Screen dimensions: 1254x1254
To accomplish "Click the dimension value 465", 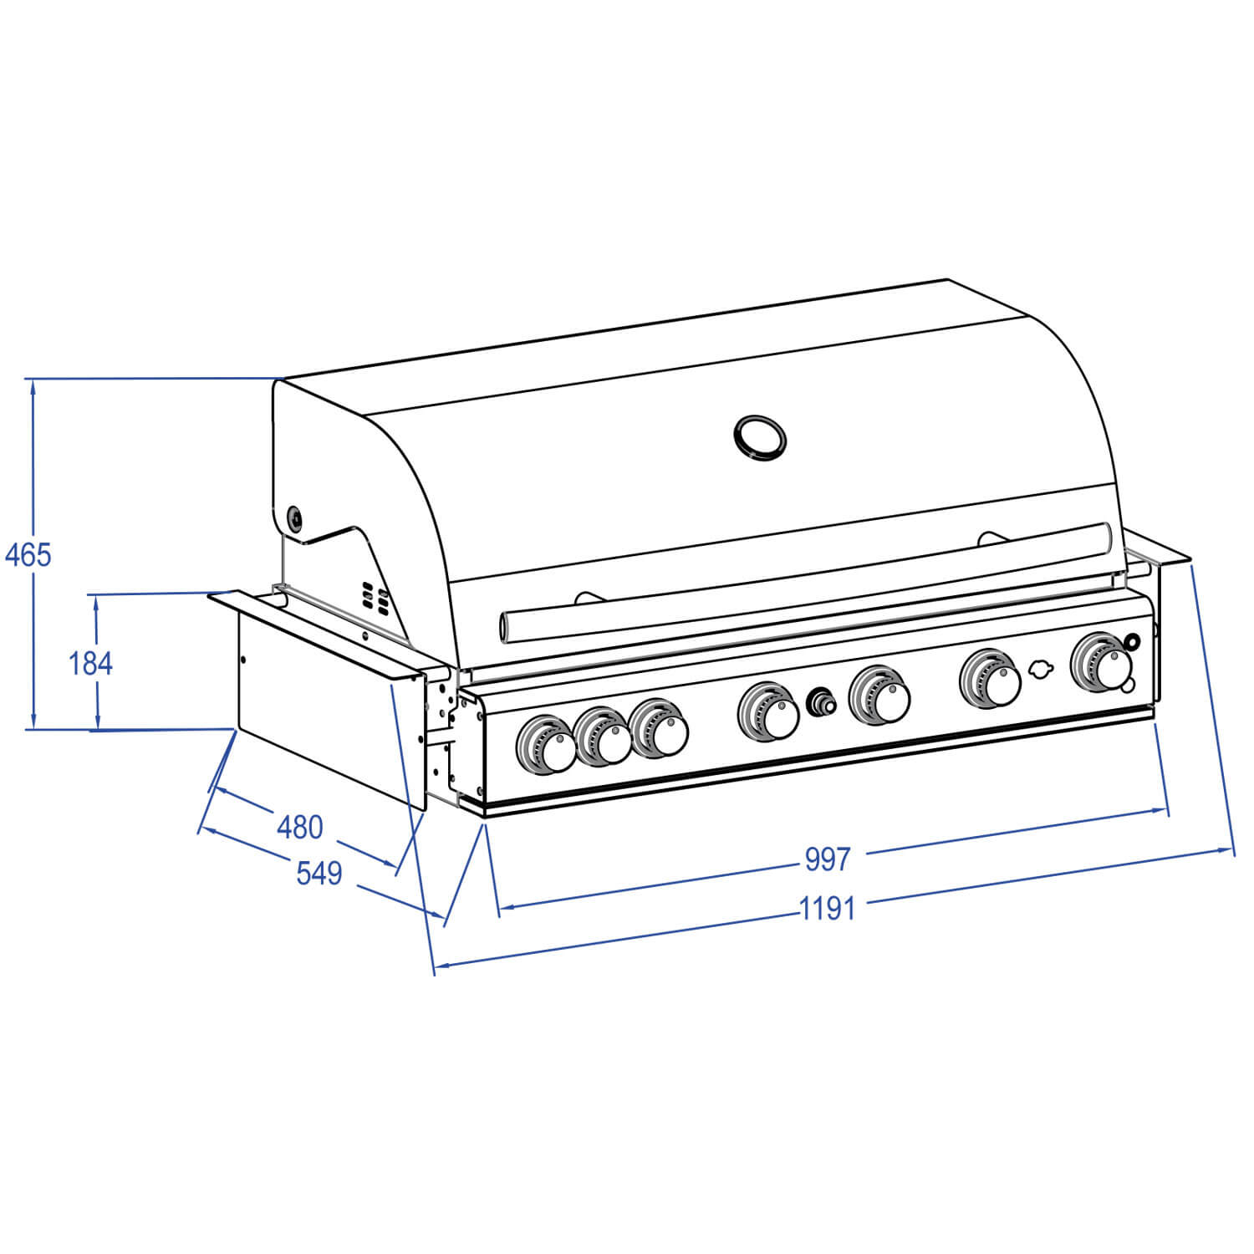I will tap(28, 554).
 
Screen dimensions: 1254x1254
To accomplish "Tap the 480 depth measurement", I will tap(299, 827).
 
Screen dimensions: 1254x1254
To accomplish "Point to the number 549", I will tap(319, 873).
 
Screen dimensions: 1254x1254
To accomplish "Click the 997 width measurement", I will tap(827, 859).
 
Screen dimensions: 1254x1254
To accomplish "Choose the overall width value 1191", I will tap(827, 908).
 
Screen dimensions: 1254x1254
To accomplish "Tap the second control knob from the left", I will tap(603, 737).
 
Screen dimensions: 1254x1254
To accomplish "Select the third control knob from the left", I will tap(660, 727).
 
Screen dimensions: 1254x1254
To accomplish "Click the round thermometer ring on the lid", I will tap(760, 437).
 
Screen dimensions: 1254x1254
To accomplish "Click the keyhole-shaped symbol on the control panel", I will tap(1039, 670).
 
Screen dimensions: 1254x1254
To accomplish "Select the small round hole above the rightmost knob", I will tap(1132, 642).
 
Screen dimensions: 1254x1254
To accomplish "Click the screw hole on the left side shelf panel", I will tap(243, 660).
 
